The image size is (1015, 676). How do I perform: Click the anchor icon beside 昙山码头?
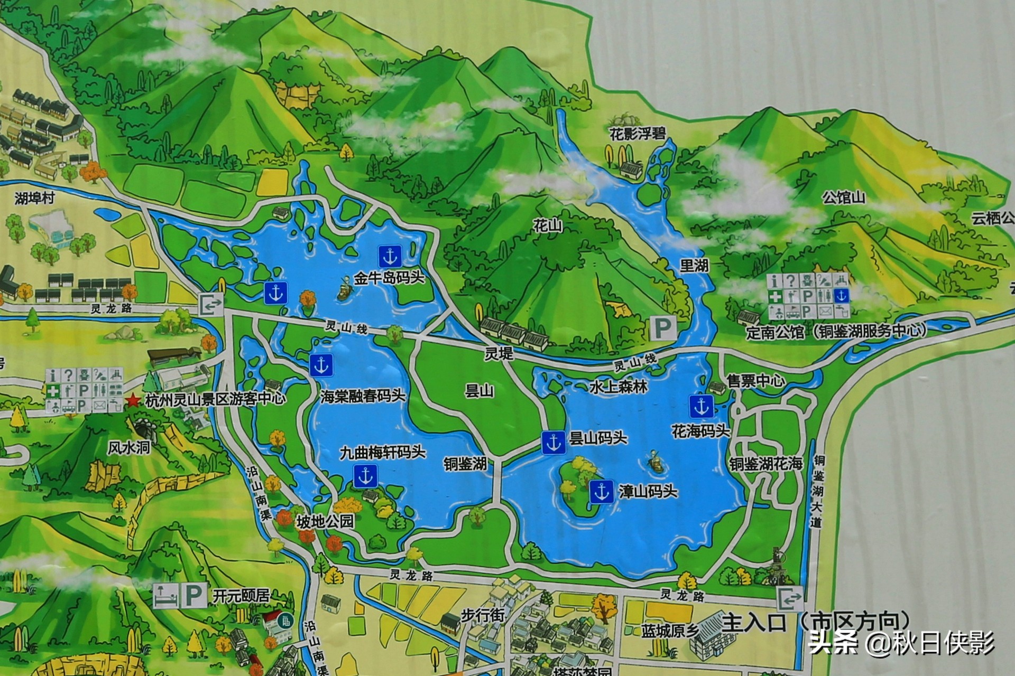tap(553, 442)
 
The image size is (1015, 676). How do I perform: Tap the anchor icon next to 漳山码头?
tap(601, 492)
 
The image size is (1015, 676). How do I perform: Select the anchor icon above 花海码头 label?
tap(701, 406)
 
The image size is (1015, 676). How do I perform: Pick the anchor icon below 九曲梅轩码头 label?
tap(365, 476)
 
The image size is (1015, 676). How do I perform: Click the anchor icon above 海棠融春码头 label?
tap(320, 365)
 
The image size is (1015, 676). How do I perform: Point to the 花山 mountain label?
tap(548, 226)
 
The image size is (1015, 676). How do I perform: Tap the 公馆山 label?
tap(843, 198)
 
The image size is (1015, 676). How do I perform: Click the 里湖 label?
tap(694, 265)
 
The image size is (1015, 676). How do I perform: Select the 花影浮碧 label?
tap(638, 134)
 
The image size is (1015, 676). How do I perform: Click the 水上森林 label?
tap(618, 387)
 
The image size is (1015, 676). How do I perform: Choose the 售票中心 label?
tap(755, 381)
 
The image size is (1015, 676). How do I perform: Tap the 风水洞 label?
tap(129, 448)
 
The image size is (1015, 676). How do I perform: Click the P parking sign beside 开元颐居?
tap(193, 596)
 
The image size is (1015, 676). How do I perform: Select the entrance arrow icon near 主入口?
tap(790, 599)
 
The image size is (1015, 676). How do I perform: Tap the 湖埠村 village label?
tap(35, 199)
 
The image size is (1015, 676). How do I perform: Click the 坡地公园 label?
tap(325, 522)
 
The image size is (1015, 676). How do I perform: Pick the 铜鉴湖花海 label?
tap(766, 464)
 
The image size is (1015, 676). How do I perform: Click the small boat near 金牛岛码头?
tap(344, 292)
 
